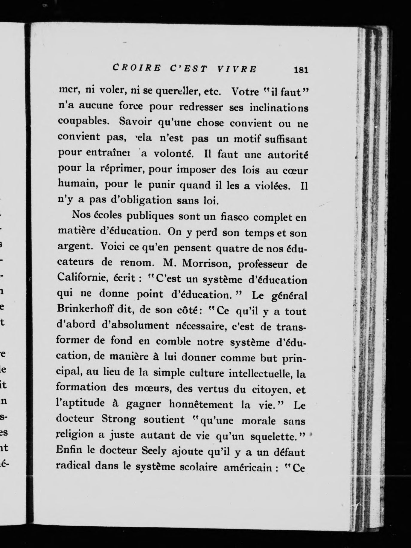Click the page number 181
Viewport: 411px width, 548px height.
click(301, 70)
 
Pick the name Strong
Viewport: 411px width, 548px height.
click(118, 419)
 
